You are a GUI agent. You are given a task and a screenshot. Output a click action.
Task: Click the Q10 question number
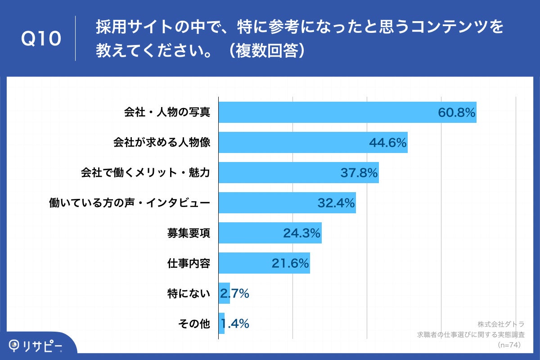point(41,39)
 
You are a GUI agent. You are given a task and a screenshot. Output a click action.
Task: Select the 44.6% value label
point(388,143)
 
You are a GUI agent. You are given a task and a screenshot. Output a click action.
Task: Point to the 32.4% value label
point(337,203)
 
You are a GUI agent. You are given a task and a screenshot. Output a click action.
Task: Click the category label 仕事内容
point(189,263)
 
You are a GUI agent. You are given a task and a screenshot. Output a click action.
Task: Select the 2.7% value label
point(234,294)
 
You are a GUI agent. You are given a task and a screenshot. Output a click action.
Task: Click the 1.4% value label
point(234,324)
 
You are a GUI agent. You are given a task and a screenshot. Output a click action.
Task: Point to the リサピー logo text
point(43,346)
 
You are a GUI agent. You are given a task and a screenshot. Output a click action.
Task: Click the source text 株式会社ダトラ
point(501,324)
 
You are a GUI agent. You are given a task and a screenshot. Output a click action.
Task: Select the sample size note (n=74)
point(509,345)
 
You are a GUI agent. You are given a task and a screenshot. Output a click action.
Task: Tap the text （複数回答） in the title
point(266,50)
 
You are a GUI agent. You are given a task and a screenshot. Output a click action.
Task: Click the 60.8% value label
point(457,112)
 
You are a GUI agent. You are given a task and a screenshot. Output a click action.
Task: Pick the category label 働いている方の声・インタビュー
point(129,203)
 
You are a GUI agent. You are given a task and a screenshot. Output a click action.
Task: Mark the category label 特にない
point(189,294)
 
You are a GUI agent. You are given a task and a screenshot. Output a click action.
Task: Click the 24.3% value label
point(301,233)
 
